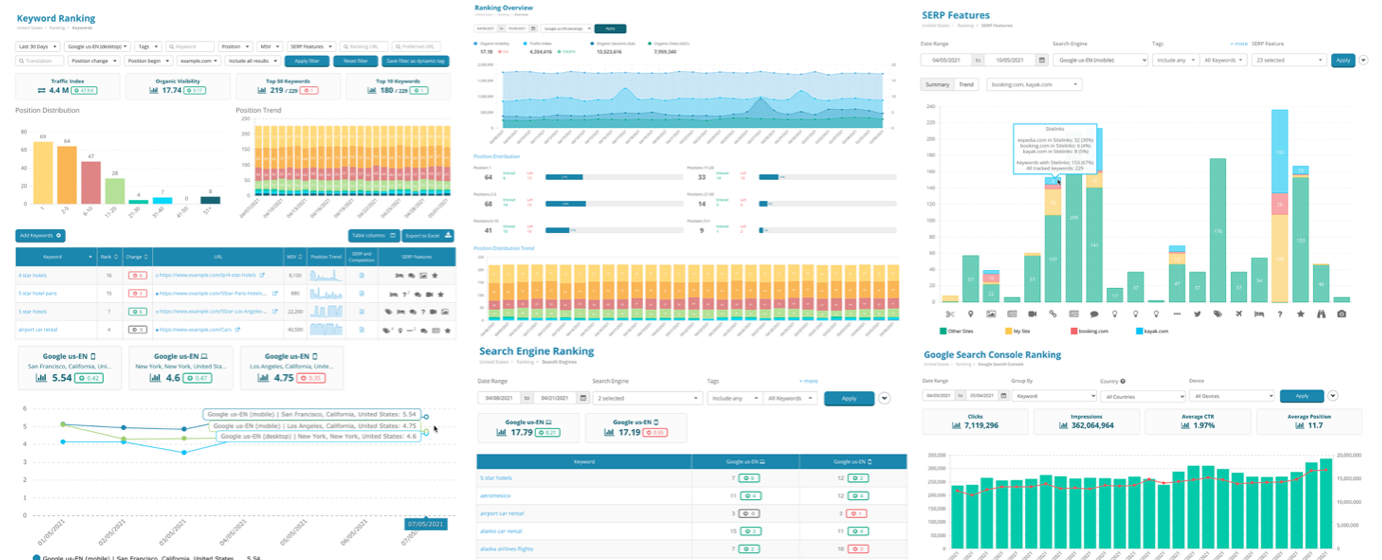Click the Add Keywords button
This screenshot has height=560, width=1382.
click(41, 235)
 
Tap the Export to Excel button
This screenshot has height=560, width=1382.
click(428, 236)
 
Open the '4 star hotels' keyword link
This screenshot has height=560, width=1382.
click(33, 274)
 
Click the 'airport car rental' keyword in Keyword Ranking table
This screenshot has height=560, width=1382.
click(38, 329)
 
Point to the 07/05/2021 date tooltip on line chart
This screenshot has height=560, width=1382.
click(425, 523)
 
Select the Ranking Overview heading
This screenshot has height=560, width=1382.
click(502, 6)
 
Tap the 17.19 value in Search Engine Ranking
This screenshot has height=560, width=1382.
click(627, 432)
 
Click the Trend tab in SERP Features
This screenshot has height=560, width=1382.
click(967, 84)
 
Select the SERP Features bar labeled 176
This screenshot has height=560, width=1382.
click(1217, 230)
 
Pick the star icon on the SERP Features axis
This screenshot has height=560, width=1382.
click(1300, 314)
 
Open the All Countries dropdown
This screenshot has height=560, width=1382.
click(1144, 396)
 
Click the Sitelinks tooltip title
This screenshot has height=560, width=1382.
click(1056, 128)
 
